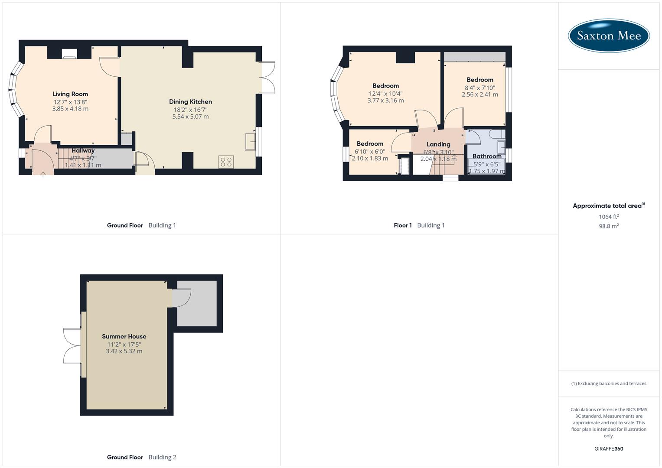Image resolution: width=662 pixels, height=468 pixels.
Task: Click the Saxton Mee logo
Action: (609, 36)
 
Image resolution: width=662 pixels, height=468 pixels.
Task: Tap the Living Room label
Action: (70, 94)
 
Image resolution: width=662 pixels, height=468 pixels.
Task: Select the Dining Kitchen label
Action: (190, 102)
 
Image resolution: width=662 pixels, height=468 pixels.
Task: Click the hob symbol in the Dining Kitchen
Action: (226, 162)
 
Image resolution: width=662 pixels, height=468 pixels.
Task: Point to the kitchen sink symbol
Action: (250, 142)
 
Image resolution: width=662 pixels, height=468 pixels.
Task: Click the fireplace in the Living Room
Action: (69, 53)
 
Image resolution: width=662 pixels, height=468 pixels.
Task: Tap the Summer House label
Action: (124, 336)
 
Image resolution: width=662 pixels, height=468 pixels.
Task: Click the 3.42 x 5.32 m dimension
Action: (124, 351)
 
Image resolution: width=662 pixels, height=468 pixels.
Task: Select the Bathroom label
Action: (487, 156)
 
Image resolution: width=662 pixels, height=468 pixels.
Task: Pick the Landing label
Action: (438, 144)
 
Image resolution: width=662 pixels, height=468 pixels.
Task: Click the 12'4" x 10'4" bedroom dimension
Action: (385, 94)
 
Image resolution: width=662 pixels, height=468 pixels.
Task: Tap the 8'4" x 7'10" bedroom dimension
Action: (480, 88)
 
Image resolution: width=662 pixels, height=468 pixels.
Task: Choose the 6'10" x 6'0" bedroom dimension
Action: (370, 152)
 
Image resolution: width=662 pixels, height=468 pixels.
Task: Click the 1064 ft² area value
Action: (609, 217)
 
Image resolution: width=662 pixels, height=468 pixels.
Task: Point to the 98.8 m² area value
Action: (609, 226)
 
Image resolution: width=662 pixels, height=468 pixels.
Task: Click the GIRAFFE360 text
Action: (609, 449)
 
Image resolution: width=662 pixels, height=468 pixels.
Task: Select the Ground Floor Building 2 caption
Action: (141, 457)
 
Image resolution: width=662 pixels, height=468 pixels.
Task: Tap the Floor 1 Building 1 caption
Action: (419, 225)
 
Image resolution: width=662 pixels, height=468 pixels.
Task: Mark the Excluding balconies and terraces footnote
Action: (609, 383)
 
